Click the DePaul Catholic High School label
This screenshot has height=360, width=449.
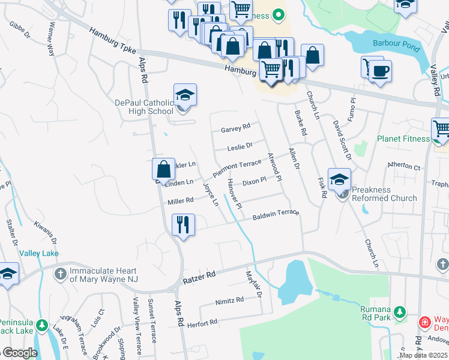144,107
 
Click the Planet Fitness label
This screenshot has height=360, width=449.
403,139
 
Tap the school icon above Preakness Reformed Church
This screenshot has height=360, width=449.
339,180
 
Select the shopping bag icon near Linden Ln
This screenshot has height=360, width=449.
163,170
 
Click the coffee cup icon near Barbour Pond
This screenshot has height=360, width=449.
379,72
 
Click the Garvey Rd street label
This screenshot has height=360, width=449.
235,128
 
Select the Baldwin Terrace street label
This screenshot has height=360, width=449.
275,215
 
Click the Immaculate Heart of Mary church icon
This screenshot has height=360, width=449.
60,274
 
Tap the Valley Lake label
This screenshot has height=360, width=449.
39,254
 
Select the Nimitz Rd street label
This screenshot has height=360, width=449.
232,299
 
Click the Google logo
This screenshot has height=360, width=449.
19,353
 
